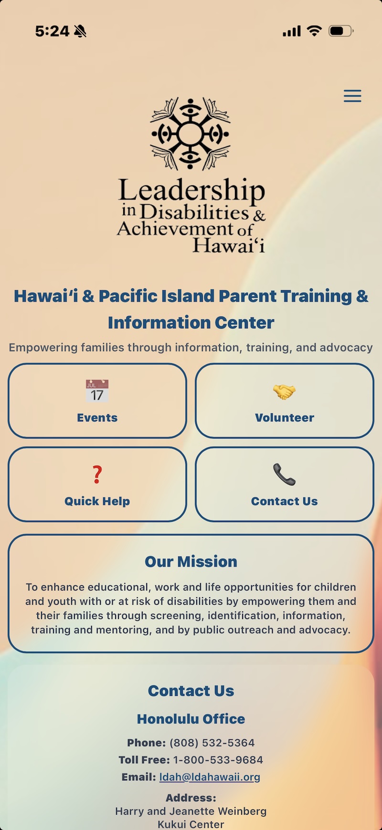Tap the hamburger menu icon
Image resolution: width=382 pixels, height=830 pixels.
click(x=352, y=96)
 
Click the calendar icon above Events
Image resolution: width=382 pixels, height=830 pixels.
click(x=97, y=391)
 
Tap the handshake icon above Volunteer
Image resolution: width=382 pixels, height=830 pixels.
click(x=285, y=392)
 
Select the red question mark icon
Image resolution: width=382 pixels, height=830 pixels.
click(x=97, y=474)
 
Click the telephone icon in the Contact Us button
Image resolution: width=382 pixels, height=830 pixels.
click(x=285, y=474)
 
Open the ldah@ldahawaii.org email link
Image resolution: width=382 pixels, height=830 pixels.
click(x=210, y=777)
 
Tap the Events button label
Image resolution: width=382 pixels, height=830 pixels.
click(x=97, y=418)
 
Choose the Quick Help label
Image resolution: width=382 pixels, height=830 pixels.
click(x=97, y=501)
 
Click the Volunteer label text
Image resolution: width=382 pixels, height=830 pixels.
click(x=285, y=418)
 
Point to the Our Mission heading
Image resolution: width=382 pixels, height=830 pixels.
click(x=191, y=561)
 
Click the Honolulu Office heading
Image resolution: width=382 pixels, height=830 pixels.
click(x=191, y=719)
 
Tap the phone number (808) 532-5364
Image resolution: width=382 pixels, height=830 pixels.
click(x=212, y=743)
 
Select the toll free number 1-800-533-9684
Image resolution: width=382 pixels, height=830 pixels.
click(x=218, y=760)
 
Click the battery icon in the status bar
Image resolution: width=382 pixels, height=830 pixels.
click(x=341, y=31)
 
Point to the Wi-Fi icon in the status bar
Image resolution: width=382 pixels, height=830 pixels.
click(x=314, y=31)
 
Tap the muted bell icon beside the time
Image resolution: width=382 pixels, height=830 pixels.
click(x=80, y=32)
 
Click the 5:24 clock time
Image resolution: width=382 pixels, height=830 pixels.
click(x=52, y=32)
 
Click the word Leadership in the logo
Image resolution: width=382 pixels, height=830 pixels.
click(x=191, y=190)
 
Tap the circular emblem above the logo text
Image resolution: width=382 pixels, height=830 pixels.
click(x=190, y=134)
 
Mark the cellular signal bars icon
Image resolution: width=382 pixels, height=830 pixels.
click(x=292, y=32)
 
